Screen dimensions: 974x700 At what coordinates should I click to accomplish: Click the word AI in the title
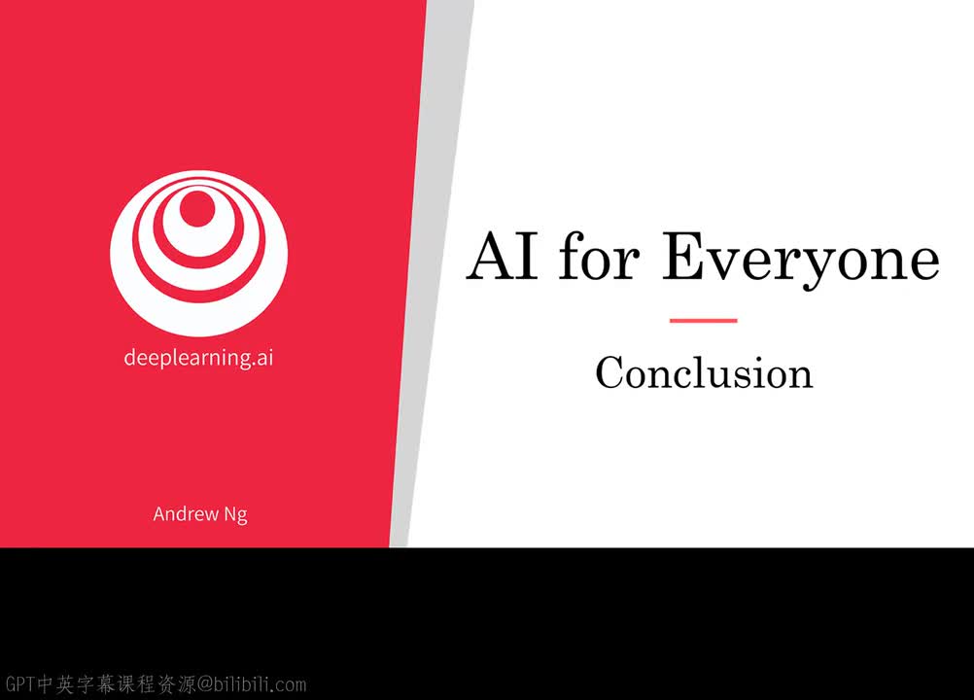503,256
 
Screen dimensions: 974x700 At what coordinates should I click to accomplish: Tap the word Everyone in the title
801,261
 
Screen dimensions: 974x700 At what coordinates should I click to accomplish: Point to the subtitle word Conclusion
704,372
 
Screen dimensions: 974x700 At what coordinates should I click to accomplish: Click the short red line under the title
703,321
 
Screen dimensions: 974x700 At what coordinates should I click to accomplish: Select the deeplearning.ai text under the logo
198,358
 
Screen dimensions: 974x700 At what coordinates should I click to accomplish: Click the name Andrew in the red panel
186,513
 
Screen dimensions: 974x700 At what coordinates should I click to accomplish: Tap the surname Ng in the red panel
235,515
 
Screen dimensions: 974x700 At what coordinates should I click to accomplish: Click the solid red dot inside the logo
197,209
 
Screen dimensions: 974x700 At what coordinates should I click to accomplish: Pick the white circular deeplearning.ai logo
198,253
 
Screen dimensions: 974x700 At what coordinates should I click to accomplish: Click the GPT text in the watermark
19,683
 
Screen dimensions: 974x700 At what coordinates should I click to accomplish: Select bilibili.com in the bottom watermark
260,683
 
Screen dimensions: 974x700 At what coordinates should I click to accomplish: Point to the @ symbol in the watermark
205,684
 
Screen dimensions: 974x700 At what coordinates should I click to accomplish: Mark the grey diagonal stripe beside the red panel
433,273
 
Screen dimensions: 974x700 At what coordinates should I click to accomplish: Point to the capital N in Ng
229,513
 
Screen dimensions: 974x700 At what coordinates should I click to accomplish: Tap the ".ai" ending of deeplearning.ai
262,358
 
